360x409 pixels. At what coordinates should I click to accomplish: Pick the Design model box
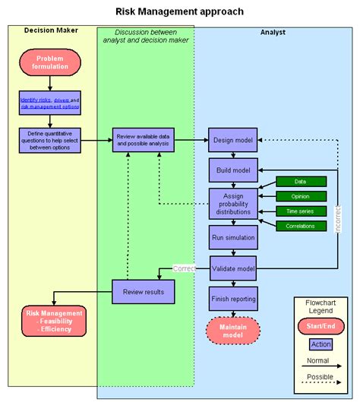pos(233,140)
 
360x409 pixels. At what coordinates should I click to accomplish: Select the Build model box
pos(233,170)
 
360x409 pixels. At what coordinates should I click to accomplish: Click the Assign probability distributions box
pos(233,203)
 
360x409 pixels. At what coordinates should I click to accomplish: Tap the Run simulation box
pos(233,238)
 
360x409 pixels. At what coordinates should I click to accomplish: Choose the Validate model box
pos(233,268)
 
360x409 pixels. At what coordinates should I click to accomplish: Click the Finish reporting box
pos(233,299)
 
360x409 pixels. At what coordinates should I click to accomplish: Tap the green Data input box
pos(301,182)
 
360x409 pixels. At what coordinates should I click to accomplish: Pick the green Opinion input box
pos(301,196)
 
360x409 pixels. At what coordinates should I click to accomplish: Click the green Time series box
pos(301,211)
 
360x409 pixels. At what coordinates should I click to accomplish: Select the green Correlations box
pos(301,225)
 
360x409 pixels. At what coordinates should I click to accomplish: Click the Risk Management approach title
pos(180,11)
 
